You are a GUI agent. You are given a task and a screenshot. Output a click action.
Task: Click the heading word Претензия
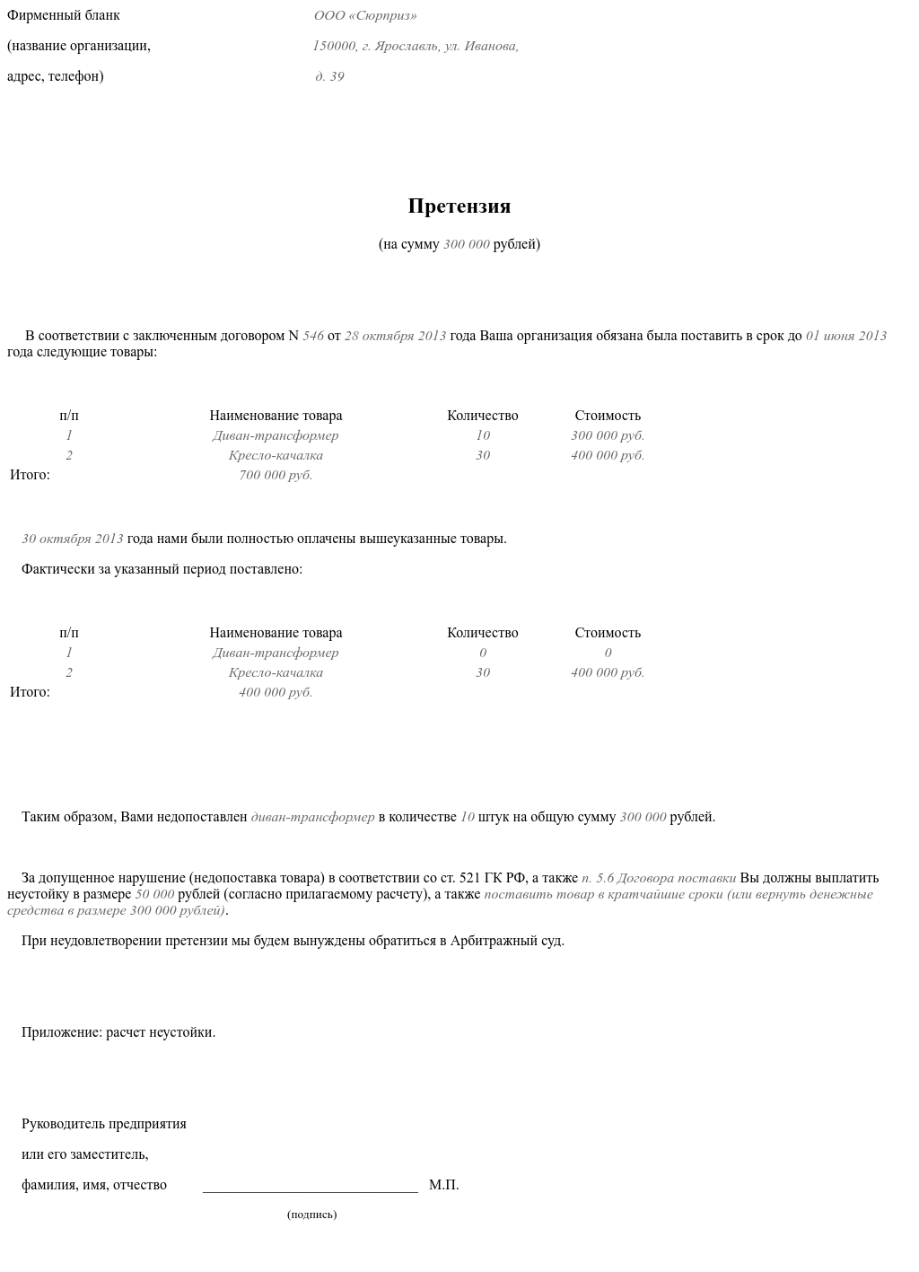point(459,206)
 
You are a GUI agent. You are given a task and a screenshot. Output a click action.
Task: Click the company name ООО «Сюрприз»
point(365,16)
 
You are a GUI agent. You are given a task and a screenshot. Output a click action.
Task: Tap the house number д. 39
point(329,77)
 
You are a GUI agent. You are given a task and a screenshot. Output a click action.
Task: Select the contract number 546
point(313,336)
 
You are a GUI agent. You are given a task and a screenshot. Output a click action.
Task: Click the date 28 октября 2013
point(395,336)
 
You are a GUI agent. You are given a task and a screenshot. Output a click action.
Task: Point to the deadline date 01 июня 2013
point(845,336)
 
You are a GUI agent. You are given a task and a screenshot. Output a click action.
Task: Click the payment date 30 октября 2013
point(73,539)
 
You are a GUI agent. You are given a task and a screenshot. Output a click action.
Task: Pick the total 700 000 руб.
point(276,475)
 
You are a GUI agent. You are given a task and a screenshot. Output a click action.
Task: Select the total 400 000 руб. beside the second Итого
point(276,692)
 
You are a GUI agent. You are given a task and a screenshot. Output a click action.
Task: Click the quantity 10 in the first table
point(483,435)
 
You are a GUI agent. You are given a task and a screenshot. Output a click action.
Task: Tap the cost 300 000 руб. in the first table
point(608,435)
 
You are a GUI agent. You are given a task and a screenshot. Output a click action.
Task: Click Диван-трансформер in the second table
point(276,653)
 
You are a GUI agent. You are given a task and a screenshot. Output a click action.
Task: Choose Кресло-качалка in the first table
point(276,455)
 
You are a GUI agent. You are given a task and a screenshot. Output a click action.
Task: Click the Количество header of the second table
point(483,633)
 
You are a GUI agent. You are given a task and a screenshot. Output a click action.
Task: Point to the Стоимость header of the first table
point(608,416)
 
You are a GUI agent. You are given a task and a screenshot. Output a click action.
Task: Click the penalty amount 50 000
point(154,894)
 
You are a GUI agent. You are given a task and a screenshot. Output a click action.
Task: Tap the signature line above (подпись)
point(311,1189)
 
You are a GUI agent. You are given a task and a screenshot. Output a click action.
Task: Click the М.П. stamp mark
point(443,1185)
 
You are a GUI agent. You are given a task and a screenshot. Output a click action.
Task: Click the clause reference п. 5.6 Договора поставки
point(659,878)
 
